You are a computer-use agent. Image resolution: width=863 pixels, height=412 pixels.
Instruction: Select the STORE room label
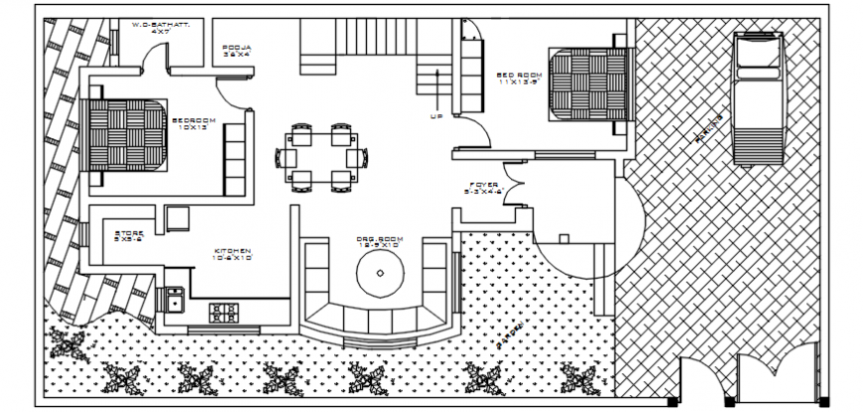coord(129,235)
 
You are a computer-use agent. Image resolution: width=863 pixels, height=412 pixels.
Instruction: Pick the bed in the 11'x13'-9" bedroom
coord(591,82)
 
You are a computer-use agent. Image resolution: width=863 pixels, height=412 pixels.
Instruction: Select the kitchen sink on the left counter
coord(174,298)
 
